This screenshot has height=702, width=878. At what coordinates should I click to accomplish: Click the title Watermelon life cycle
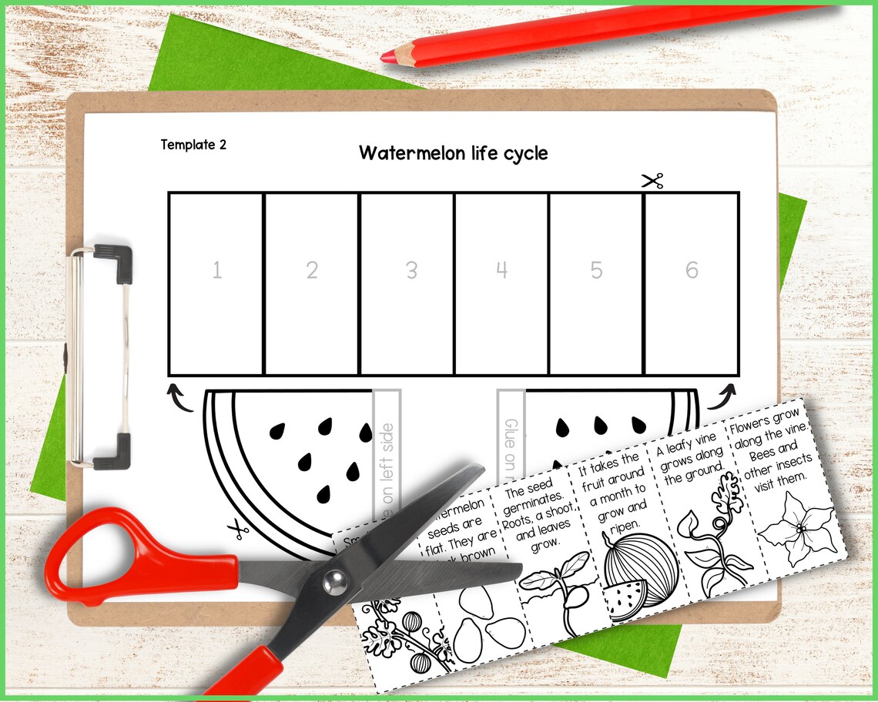pos(453,153)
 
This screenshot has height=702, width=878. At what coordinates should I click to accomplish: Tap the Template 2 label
pos(193,145)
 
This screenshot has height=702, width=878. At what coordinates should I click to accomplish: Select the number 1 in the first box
pos(216,270)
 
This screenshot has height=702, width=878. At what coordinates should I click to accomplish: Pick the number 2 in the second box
pos(312,270)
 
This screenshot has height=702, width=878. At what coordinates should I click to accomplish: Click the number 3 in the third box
pos(412,270)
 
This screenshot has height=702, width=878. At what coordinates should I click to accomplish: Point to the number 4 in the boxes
pos(502,270)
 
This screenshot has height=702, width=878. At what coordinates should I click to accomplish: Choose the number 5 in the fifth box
pos(597,270)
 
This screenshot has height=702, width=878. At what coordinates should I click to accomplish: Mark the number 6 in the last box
pos(692,270)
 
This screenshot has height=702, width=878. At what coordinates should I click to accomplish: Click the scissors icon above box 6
pos(652,182)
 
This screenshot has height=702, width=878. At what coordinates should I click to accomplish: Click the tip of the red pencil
pos(387,56)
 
